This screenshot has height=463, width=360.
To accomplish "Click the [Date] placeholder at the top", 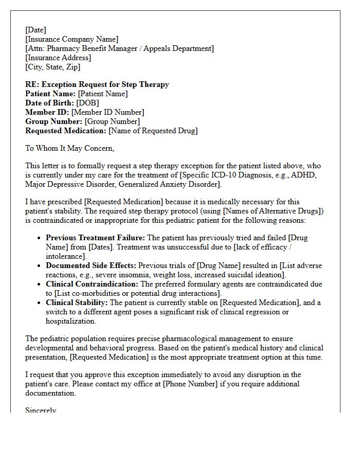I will click(x=35, y=30).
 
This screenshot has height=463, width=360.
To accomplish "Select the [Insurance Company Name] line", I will click(x=71, y=39).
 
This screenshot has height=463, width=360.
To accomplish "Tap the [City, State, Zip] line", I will click(x=52, y=67).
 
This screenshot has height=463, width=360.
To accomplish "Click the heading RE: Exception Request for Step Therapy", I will click(x=97, y=84).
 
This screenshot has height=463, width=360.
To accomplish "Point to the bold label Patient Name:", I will click(x=50, y=94).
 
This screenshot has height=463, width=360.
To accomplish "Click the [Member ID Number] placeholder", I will click(x=107, y=112).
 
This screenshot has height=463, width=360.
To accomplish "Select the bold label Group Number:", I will click(x=53, y=121).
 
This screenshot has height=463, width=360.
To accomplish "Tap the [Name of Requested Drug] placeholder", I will click(x=153, y=131).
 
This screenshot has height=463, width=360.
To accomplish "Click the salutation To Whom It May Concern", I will click(x=69, y=148).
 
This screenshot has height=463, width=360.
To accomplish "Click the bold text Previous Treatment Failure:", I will click(x=96, y=238).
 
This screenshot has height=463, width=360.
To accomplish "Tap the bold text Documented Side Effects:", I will click(x=91, y=265).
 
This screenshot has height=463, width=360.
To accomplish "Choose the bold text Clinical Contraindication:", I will click(x=92, y=284).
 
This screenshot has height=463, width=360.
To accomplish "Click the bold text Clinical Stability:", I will click(x=77, y=302).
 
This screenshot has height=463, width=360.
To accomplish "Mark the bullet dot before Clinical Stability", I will click(x=40, y=303).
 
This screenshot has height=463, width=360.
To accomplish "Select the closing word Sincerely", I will click(x=41, y=410).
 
